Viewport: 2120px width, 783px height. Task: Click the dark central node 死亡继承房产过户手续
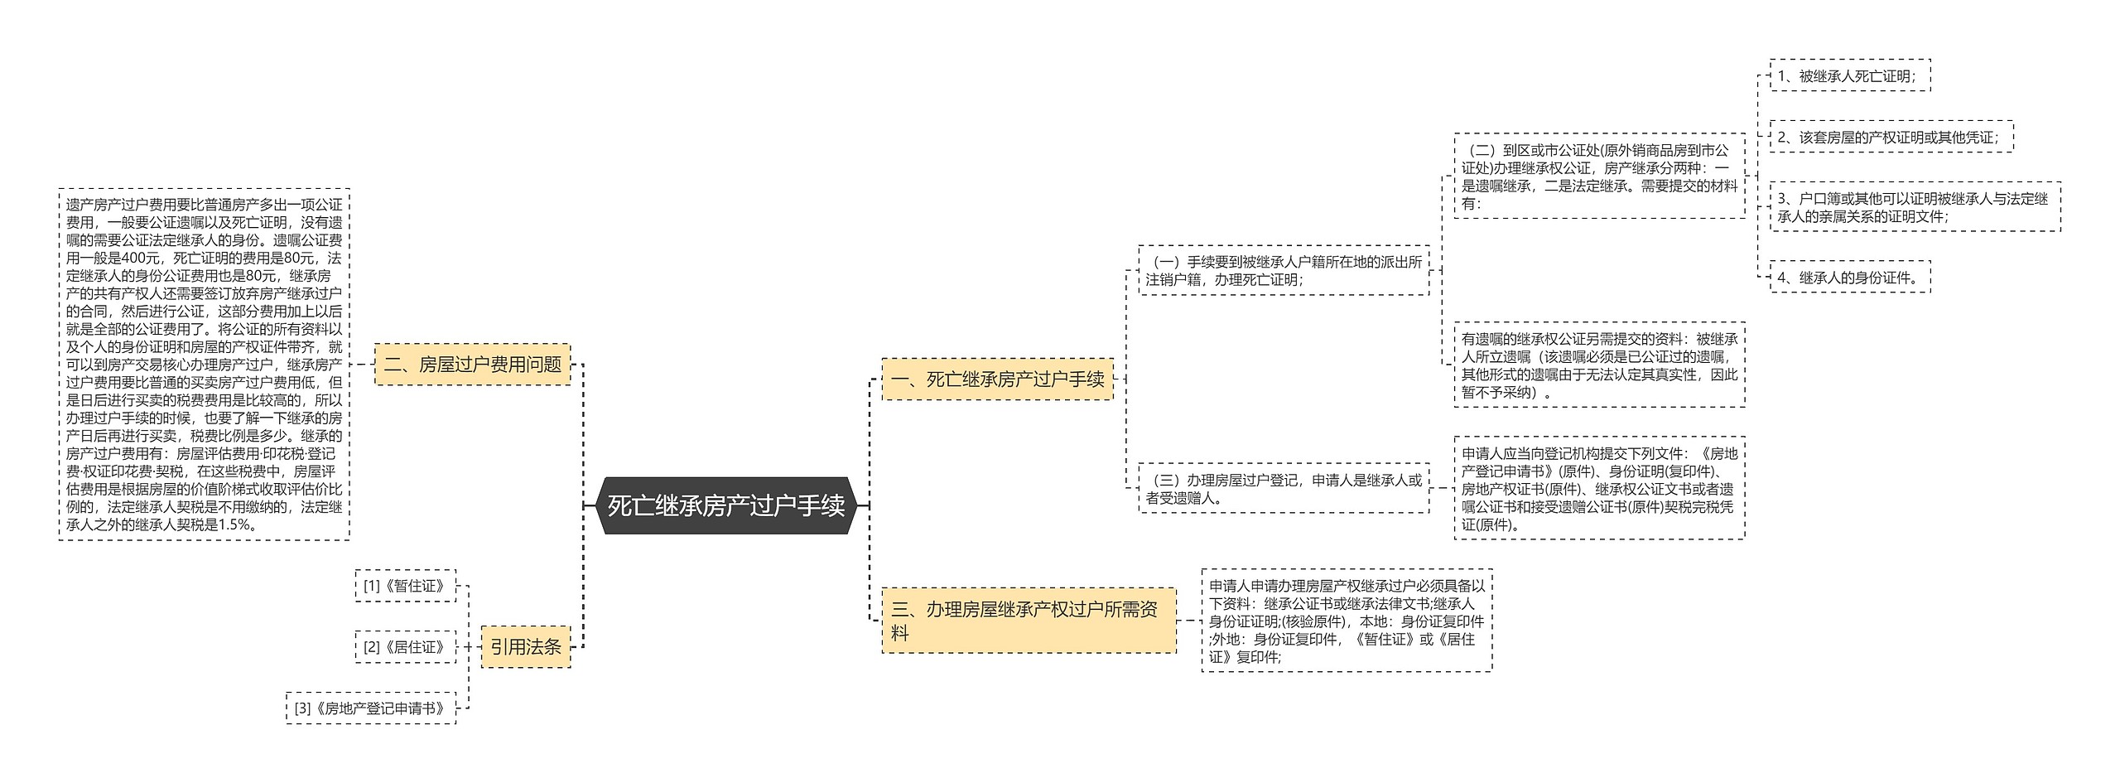[x=725, y=505]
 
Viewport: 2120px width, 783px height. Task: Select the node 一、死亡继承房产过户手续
[x=997, y=379]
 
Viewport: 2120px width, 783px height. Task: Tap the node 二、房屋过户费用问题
[x=472, y=365]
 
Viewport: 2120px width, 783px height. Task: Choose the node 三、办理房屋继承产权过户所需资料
[x=1028, y=621]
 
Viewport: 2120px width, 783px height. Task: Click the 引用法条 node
[x=526, y=647]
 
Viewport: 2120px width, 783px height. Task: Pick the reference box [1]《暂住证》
[x=405, y=586]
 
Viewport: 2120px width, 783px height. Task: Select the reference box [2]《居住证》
[x=405, y=647]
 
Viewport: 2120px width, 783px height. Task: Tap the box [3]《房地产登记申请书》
[x=371, y=708]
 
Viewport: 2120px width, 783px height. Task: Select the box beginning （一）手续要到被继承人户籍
[x=1284, y=271]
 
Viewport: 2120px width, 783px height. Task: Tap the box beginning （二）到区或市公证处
[x=1599, y=176]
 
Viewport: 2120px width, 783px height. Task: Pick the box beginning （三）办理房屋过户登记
[x=1284, y=489]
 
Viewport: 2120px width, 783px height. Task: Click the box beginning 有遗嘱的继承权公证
[x=1599, y=365]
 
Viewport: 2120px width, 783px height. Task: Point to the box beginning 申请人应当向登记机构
[x=1599, y=489]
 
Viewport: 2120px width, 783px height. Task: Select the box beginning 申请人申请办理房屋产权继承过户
[x=1347, y=621]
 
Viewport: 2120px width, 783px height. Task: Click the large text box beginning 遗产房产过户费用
[x=204, y=365]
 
